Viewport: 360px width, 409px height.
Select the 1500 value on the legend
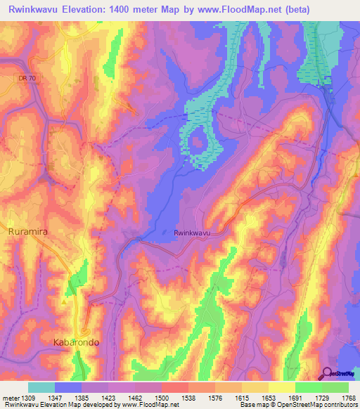click(162, 397)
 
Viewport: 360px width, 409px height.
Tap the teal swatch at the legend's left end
click(41, 387)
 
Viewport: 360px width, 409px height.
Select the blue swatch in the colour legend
click(68, 387)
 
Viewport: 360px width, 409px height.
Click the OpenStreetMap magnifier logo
click(327, 373)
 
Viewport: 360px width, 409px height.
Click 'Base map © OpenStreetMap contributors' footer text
click(297, 405)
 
